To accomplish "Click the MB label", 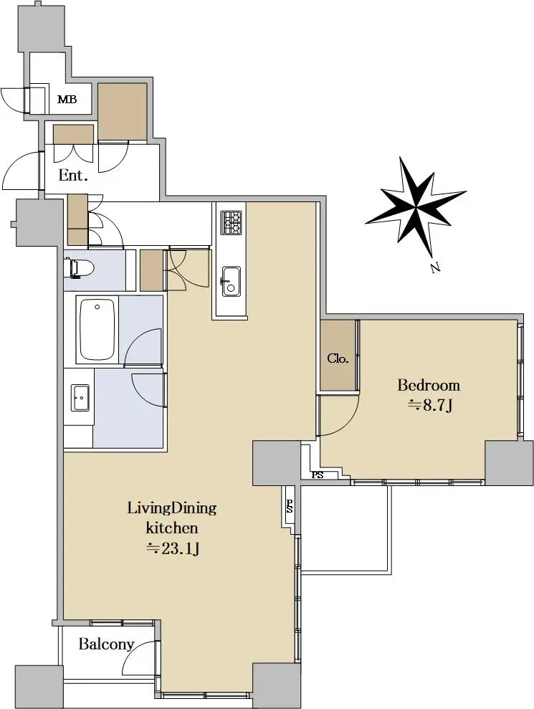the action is tap(67, 99).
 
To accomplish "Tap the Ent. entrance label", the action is tap(73, 176).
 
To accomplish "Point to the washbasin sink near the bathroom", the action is tap(80, 397).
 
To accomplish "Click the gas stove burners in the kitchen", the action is tap(232, 222).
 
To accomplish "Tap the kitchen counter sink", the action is tap(231, 281).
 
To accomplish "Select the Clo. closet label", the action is tap(338, 358).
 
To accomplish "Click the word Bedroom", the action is tap(429, 385).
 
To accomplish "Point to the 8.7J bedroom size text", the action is tap(431, 406).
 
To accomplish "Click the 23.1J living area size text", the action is tap(172, 548).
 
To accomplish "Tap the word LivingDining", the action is tap(172, 508).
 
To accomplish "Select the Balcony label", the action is tap(106, 644).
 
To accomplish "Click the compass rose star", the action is tap(416, 206).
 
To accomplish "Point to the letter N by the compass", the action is tap(435, 268).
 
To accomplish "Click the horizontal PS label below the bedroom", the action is tap(318, 475).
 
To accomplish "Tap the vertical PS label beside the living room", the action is tap(290, 505).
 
